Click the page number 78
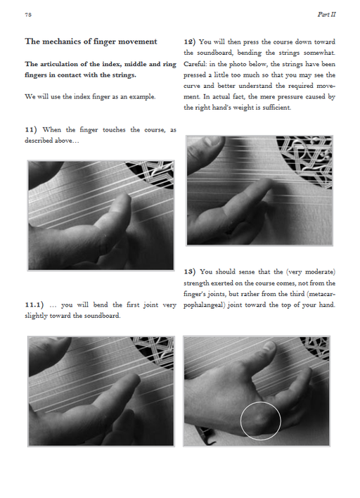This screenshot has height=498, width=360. (28, 15)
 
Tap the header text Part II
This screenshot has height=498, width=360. (326, 14)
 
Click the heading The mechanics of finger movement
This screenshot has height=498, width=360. (91, 41)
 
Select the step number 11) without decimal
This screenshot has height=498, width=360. (31, 129)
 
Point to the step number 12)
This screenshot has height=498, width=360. (190, 41)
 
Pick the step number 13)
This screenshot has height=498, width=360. (190, 272)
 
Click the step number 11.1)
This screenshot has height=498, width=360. (34, 305)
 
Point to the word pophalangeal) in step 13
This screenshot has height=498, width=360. (204, 305)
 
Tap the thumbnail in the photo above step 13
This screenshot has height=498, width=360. (215, 140)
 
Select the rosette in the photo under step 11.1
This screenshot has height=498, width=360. (154, 351)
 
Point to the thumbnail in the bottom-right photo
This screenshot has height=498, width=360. (269, 345)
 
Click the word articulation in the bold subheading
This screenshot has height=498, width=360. (59, 64)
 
